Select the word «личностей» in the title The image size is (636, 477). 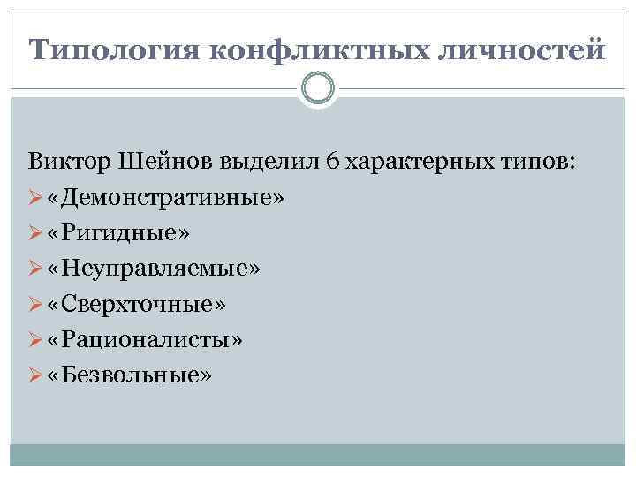526,49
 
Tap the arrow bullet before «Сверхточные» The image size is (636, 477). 35,305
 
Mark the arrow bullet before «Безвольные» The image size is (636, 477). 35,375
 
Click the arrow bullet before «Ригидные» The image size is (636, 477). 35,234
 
